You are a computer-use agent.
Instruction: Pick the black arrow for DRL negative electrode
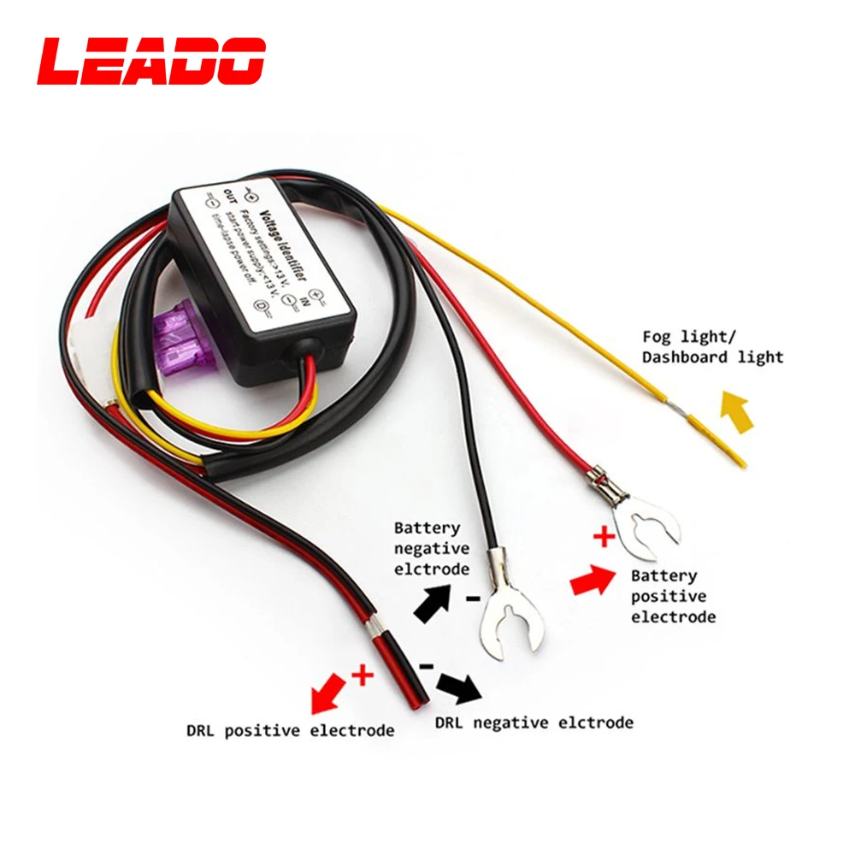click(458, 684)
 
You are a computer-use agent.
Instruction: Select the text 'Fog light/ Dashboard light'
click(712, 346)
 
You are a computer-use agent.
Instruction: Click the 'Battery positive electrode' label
click(674, 596)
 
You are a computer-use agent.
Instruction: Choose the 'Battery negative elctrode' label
click(431, 548)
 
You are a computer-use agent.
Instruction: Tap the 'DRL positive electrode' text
click(291, 730)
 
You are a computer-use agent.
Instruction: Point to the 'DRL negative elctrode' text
click(534, 722)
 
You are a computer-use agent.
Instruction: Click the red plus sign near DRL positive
click(363, 675)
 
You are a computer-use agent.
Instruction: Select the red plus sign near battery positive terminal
click(604, 538)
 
